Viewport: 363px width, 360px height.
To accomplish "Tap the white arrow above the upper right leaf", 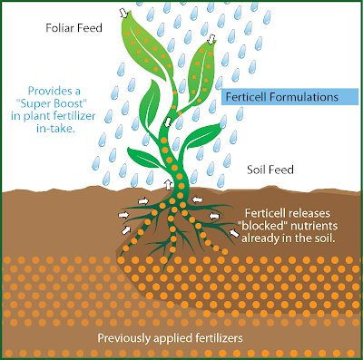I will pos(211,40).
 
